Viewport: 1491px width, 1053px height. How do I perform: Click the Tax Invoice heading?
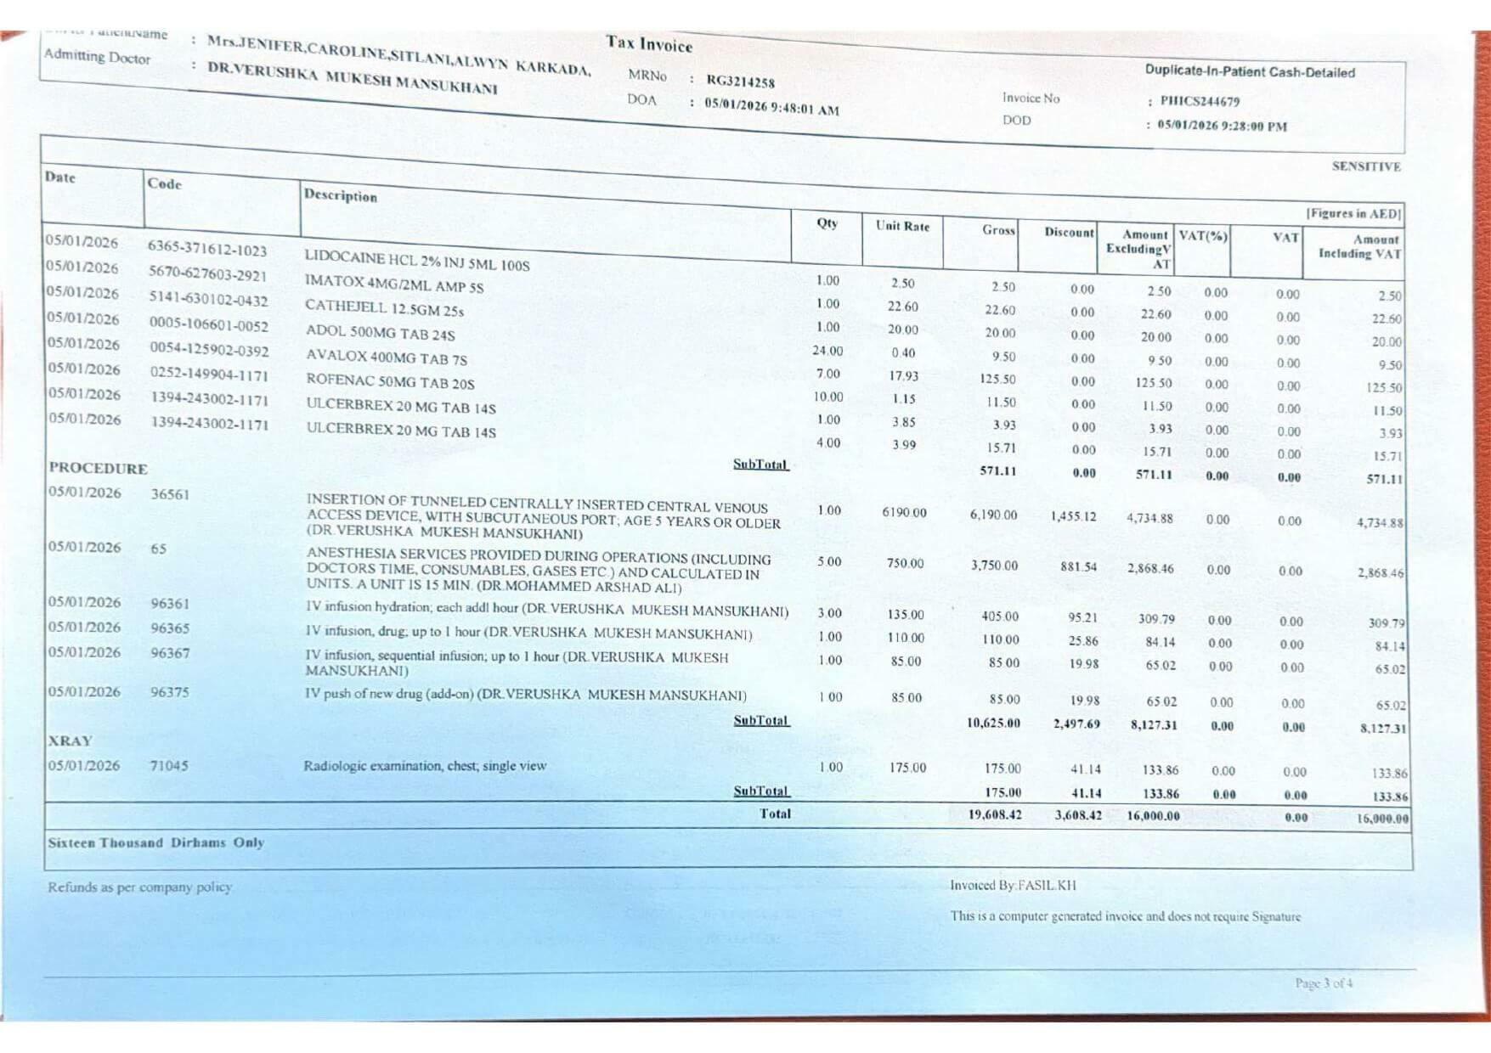(x=649, y=43)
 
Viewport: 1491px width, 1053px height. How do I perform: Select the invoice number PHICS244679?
(x=1200, y=101)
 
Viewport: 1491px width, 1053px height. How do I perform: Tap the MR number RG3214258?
(x=740, y=82)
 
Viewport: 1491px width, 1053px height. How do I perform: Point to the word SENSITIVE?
(x=1365, y=166)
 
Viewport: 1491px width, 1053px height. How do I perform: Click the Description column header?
(x=340, y=195)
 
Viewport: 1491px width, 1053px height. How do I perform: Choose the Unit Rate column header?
(x=902, y=226)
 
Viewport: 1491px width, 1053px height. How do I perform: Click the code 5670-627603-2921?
(x=207, y=273)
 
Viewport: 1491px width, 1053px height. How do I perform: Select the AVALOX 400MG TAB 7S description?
(x=386, y=358)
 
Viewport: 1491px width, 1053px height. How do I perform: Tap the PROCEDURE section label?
(x=98, y=468)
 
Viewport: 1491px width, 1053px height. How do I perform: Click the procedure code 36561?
(x=170, y=494)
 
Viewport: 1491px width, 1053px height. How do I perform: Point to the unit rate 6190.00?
(x=904, y=513)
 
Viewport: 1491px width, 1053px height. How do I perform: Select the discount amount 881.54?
(x=1078, y=566)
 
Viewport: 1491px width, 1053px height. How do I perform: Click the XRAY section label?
(x=70, y=740)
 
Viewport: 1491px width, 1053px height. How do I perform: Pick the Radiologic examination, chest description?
(x=425, y=766)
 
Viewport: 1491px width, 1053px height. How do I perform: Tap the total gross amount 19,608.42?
(x=994, y=814)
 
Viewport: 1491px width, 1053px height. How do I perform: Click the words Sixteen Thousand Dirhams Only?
(x=155, y=842)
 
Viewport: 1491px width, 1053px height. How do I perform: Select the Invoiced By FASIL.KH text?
(x=1013, y=885)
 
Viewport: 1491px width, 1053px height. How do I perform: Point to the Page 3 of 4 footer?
(x=1324, y=983)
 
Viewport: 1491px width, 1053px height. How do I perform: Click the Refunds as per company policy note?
(x=140, y=887)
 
